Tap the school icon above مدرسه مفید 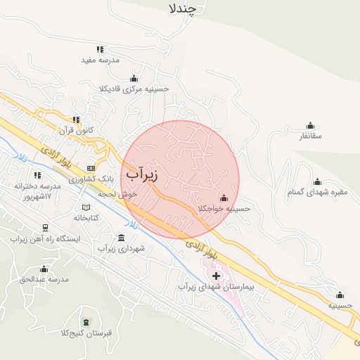click(99, 49)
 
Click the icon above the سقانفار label click(310, 124)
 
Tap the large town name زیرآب click(142, 173)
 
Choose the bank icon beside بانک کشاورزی click(91, 168)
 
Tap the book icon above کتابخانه click(86, 207)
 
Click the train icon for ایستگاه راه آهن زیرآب click(46, 228)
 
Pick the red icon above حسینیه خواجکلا click(224, 198)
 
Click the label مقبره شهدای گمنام click(314, 192)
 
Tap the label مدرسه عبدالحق click(44, 279)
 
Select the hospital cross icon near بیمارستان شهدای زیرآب click(216, 276)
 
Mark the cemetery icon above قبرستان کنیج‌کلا click(86, 321)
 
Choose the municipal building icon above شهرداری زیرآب click(122, 238)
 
